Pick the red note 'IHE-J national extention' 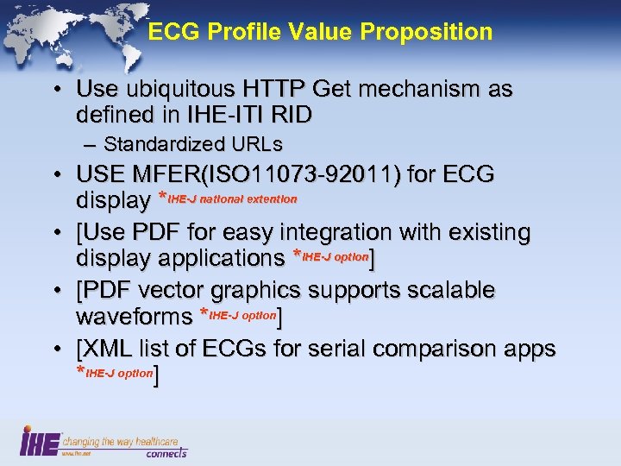click(233, 200)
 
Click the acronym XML click(103, 349)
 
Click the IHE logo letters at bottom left click(41, 442)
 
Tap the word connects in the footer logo click(165, 452)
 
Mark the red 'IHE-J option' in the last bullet click(120, 374)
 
